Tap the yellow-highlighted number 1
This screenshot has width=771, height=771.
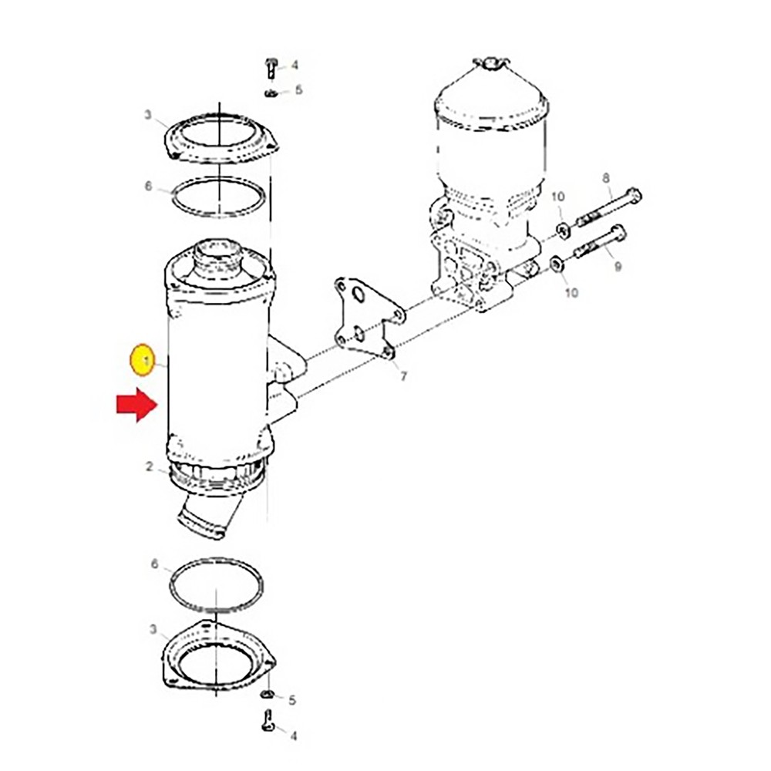pyautogui.click(x=142, y=360)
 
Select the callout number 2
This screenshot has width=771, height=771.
pyautogui.click(x=150, y=466)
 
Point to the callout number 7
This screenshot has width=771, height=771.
pyautogui.click(x=404, y=375)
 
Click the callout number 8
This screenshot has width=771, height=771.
pyautogui.click(x=606, y=177)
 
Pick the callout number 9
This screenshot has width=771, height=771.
pyautogui.click(x=617, y=267)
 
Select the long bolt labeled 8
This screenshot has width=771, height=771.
pyautogui.click(x=609, y=206)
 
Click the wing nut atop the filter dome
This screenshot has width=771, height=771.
pyautogui.click(x=490, y=62)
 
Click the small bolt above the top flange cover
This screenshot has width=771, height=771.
pyautogui.click(x=270, y=68)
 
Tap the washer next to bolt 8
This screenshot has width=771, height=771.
pyautogui.click(x=561, y=228)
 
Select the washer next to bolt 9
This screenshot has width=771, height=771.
pyautogui.click(x=555, y=267)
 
